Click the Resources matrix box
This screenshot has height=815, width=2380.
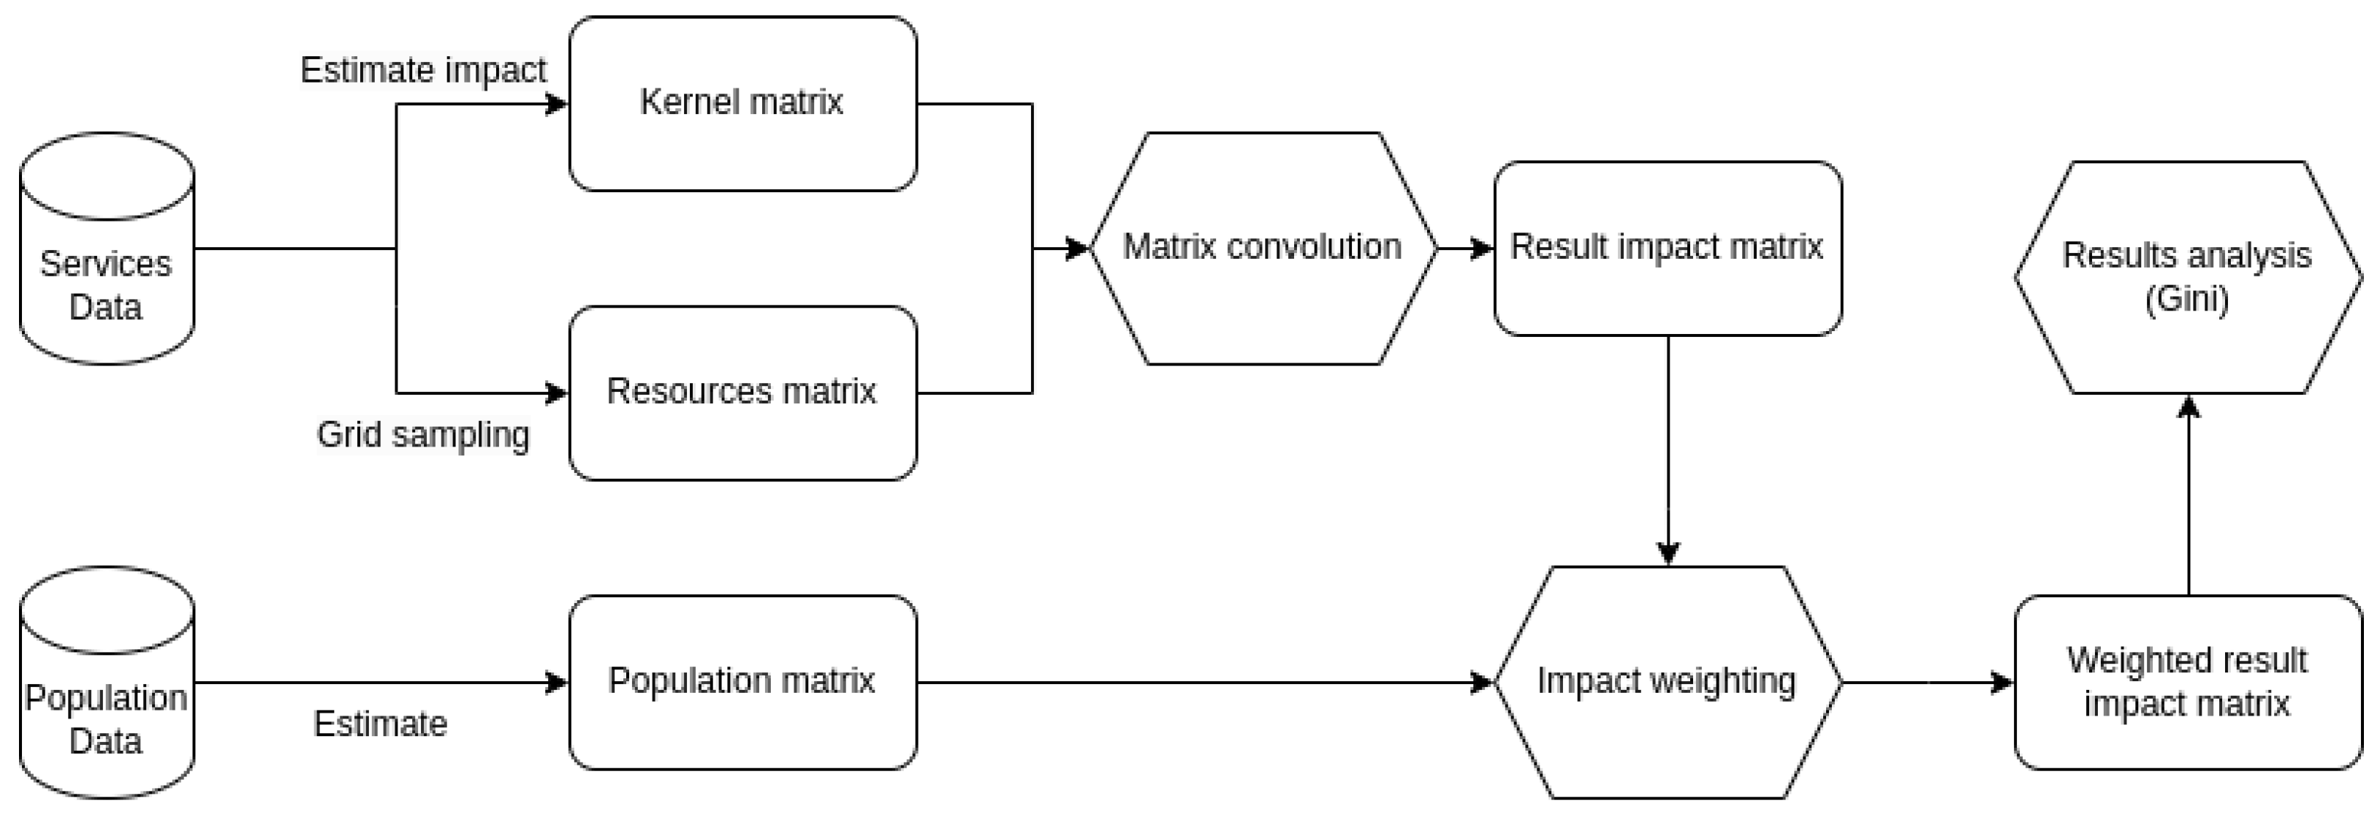tap(742, 393)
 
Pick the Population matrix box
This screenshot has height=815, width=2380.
tap(742, 682)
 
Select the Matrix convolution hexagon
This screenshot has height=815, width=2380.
tap(1262, 248)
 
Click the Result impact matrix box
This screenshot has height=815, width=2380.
tap(1667, 248)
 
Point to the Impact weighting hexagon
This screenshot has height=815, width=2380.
tap(1667, 682)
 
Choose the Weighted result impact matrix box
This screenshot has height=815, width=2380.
tap(2188, 682)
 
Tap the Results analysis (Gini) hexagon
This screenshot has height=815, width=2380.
tap(2188, 277)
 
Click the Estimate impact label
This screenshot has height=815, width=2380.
tap(423, 70)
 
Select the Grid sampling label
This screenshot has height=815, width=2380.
tap(423, 434)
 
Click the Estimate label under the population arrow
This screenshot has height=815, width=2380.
tap(380, 724)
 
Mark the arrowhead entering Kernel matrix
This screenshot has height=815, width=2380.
tap(557, 105)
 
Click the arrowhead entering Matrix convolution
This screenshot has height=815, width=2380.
tap(1077, 249)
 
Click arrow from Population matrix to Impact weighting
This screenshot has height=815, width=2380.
tap(1201, 683)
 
